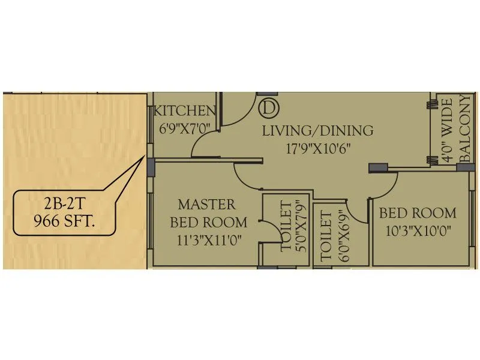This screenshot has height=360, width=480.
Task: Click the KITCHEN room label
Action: click(x=185, y=111)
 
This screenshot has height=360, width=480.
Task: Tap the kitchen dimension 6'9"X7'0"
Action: click(x=185, y=128)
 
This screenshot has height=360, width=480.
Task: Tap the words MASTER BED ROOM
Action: click(x=206, y=214)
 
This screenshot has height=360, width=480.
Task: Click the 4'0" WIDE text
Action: click(x=446, y=135)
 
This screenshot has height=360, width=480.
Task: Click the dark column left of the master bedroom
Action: click(x=151, y=166)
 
